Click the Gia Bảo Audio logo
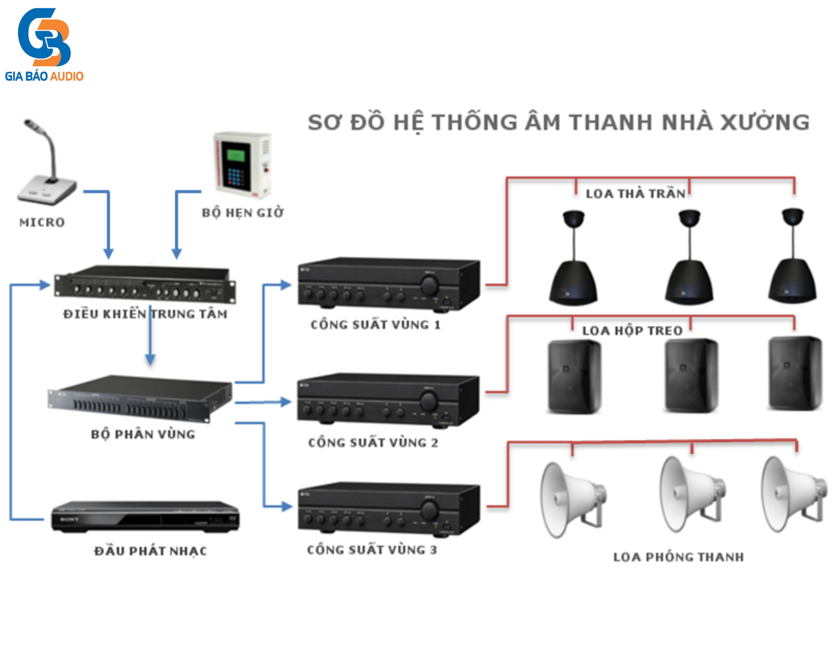pos(44,44)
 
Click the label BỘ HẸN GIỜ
pos(243,213)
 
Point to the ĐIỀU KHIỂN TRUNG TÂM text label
pos(145,314)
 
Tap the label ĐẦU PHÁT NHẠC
pos(150,551)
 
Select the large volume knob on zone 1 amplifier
pos(429,286)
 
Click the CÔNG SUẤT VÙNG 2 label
pos(373,443)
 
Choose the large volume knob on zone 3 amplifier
pos(429,510)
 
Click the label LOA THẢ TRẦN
pos(635,193)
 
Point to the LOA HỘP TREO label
pos(632,331)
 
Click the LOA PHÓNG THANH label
pos(678,557)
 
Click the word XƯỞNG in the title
pos(765,122)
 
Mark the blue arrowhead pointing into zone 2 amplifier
pos(286,402)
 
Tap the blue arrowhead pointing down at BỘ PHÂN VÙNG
pos(150,359)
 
